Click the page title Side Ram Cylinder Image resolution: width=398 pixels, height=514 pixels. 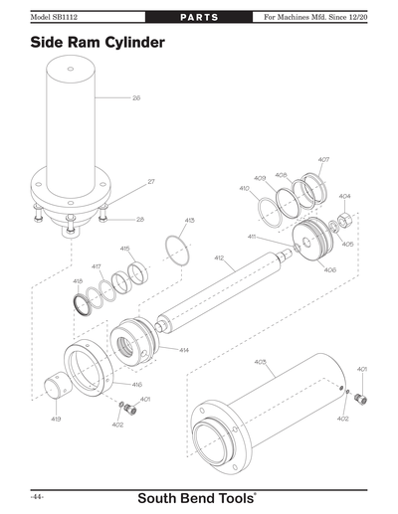point(97,44)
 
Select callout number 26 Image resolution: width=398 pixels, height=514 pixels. point(136,98)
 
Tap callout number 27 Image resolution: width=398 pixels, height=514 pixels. point(151,181)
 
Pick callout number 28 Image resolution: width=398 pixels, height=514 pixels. point(140,219)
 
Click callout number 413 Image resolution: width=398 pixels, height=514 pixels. point(190,220)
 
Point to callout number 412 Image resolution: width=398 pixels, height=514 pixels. point(218,257)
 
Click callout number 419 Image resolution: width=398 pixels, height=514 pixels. point(56,420)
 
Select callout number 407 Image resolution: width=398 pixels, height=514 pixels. point(324,160)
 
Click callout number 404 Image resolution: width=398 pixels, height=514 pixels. point(344,197)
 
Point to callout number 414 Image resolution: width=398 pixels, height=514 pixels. point(184,350)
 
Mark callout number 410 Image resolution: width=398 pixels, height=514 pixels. point(244,188)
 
